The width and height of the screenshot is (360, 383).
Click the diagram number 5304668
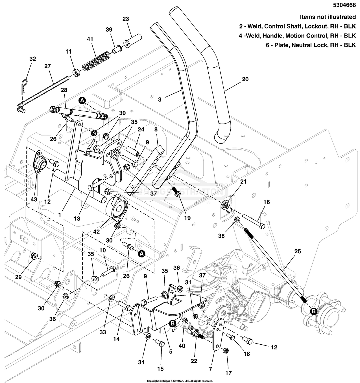click(344, 5)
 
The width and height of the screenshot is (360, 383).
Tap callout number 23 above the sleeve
click(126, 19)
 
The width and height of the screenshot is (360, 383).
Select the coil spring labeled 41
click(96, 60)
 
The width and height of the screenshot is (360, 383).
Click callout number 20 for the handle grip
click(245, 79)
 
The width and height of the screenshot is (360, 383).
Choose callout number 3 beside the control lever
click(160, 100)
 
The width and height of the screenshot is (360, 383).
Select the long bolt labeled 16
click(253, 221)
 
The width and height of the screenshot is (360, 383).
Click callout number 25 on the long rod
click(298, 251)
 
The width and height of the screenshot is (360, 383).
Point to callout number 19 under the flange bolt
click(187, 218)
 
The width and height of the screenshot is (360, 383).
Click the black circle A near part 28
click(82, 100)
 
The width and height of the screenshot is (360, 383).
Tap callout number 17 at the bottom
click(228, 373)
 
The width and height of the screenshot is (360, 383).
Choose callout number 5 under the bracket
click(171, 351)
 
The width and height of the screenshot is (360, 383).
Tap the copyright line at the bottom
click(180, 381)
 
